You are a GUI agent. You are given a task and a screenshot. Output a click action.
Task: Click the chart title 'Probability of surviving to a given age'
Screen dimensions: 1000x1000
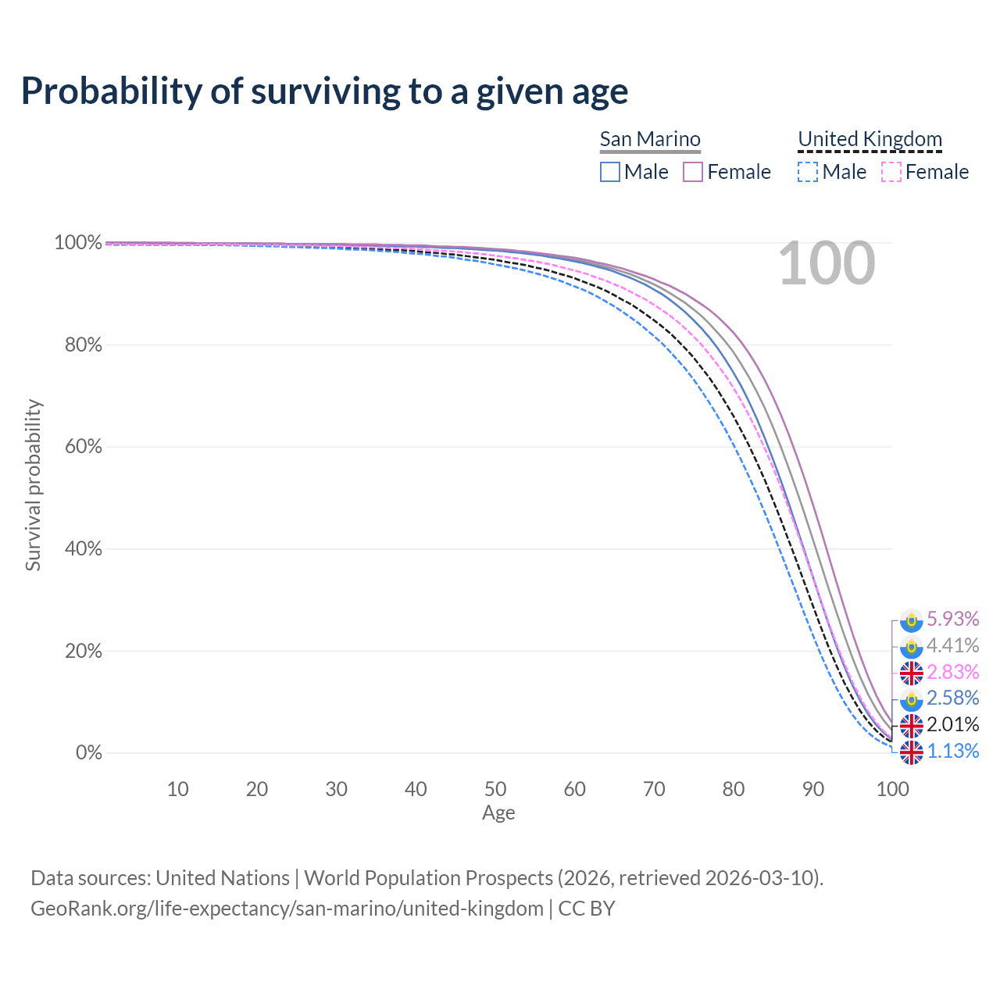click(x=324, y=91)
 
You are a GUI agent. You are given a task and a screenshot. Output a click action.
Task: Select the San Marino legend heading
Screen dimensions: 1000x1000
click(x=650, y=139)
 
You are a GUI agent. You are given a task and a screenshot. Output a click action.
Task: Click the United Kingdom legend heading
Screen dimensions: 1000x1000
click(x=870, y=139)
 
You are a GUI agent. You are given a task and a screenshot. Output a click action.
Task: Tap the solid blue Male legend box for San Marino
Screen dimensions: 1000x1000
click(x=610, y=172)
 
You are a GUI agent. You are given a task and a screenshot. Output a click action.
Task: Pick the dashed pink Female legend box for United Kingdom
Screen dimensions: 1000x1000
click(x=891, y=172)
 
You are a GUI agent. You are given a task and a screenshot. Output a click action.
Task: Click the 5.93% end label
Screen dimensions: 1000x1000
click(x=952, y=619)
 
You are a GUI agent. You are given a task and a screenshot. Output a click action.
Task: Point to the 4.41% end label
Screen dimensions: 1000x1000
click(x=952, y=645)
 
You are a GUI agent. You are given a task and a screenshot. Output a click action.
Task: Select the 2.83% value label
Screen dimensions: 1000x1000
click(x=952, y=672)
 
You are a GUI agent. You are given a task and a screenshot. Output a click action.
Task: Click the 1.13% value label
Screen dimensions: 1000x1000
click(x=952, y=752)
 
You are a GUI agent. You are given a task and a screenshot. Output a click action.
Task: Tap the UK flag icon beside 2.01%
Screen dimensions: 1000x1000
click(x=911, y=726)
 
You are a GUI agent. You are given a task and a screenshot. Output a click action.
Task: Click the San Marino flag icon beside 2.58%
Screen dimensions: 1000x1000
click(x=911, y=699)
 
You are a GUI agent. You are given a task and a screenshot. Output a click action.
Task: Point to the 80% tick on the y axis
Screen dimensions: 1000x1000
click(x=84, y=345)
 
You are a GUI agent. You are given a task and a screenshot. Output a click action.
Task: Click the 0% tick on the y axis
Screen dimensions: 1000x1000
click(x=89, y=753)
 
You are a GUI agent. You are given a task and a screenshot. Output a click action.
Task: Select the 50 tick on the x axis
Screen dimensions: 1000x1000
click(x=495, y=789)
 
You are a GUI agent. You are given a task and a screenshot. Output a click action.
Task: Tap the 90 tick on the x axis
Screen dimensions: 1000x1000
click(x=813, y=789)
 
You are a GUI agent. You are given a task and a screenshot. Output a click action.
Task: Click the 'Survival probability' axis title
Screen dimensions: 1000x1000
click(x=33, y=485)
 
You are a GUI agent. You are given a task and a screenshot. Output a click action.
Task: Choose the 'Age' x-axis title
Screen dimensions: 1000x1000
click(x=498, y=813)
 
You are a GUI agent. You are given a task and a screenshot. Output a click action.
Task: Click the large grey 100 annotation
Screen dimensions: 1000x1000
click(x=827, y=264)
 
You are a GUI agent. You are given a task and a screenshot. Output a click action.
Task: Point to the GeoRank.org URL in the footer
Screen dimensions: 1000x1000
click(x=287, y=909)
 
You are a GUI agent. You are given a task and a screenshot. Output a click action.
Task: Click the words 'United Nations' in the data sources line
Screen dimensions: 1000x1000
click(x=223, y=878)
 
